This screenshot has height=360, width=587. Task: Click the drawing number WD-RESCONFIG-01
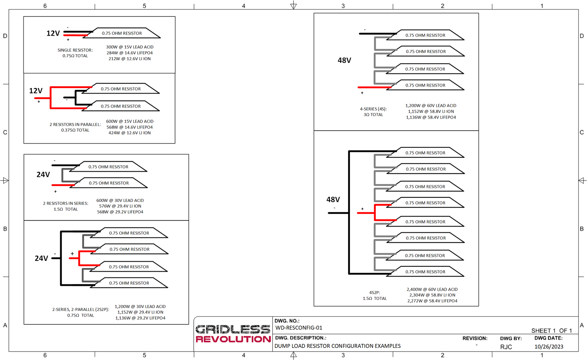point(299,328)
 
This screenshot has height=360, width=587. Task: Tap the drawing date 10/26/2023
point(549,347)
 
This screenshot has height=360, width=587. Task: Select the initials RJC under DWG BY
point(506,347)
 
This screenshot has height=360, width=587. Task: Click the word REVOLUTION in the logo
point(233,339)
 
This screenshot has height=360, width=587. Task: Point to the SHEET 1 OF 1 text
point(551,331)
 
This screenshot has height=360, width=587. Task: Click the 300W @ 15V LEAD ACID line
point(130,47)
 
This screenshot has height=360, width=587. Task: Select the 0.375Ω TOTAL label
point(75,130)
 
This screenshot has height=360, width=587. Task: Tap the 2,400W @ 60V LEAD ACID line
point(432,289)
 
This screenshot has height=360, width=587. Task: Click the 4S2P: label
point(375,292)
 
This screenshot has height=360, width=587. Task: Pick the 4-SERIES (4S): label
point(373,109)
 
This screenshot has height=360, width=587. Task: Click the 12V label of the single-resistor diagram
point(53,33)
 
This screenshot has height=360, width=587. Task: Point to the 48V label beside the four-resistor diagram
point(344,60)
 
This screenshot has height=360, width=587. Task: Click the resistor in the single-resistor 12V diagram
point(121,33)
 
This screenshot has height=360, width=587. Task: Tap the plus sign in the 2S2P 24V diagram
point(72,254)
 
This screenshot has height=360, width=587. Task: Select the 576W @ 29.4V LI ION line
point(120,206)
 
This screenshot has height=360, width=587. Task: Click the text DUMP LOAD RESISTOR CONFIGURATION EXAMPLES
point(338,346)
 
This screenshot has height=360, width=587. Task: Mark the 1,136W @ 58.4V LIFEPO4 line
point(431,117)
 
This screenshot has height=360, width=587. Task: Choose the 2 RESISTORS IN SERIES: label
point(66,203)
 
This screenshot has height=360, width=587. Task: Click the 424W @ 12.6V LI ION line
point(130,133)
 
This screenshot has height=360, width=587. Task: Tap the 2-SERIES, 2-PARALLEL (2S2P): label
point(81,309)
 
